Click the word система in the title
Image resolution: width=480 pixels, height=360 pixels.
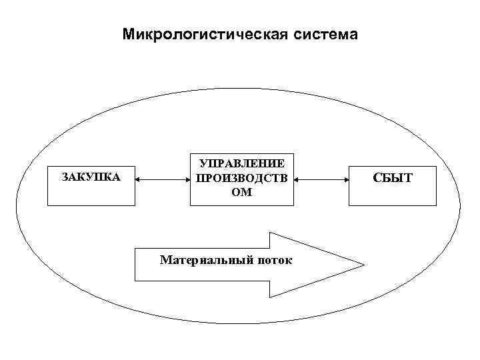point(325,34)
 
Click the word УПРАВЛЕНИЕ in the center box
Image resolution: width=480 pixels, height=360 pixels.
point(242,164)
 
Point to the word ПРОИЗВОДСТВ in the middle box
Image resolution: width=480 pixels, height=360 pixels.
point(242,179)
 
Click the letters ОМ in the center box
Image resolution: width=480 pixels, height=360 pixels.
point(242,193)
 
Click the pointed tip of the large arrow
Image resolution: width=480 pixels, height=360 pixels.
point(363,265)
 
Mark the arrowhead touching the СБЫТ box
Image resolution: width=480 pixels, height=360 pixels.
point(347,179)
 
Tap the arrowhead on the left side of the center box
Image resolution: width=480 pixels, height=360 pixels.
point(187,179)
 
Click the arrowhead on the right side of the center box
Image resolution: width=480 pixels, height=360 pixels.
point(297,179)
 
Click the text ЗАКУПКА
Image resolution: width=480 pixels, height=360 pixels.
point(91,177)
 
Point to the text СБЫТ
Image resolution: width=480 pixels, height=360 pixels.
point(393,178)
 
